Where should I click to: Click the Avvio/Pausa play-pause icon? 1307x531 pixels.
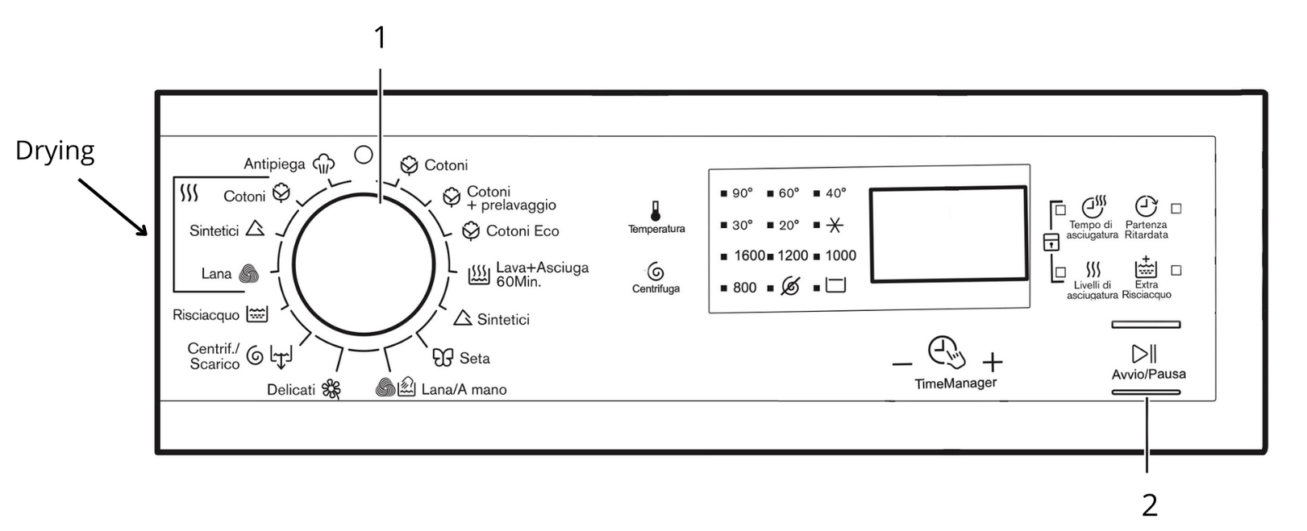[1144, 354]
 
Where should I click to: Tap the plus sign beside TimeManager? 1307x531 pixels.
[993, 362]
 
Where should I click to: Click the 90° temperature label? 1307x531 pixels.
[742, 193]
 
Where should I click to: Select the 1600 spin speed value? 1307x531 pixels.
[749, 256]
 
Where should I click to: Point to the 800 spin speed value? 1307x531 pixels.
[744, 288]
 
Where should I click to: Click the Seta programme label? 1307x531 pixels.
[474, 358]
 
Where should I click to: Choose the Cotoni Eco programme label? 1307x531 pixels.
[522, 231]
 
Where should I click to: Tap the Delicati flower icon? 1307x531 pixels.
[331, 390]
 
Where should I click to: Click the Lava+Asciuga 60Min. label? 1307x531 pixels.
[541, 275]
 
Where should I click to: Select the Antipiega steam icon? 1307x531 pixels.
[323, 164]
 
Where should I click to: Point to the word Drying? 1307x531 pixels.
[55, 151]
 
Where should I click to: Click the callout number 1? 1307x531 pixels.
[380, 37]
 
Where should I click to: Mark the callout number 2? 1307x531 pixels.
[1149, 505]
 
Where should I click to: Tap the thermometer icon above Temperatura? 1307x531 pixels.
[656, 211]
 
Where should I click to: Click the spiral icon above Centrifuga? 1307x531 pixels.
[656, 272]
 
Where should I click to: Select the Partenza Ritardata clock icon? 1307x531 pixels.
[1146, 206]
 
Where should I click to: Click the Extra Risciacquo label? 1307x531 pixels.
[1146, 289]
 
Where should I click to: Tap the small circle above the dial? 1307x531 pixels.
[364, 154]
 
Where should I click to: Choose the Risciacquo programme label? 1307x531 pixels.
[206, 315]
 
